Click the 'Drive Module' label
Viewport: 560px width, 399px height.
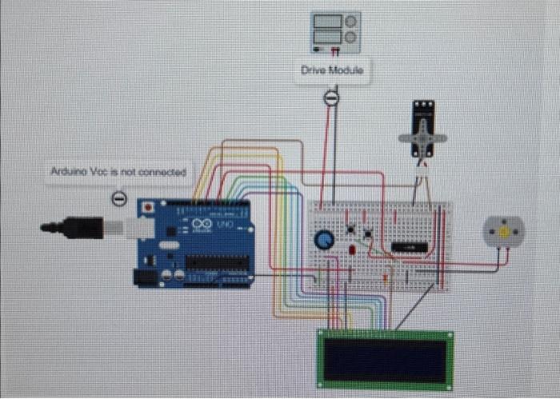coord(332,70)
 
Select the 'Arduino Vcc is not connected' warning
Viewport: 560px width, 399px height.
coord(118,172)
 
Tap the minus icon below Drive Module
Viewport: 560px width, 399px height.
coord(331,98)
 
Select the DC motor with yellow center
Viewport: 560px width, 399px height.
coord(503,231)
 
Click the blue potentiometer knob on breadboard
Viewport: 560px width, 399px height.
coord(324,239)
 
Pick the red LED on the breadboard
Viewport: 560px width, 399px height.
coord(352,250)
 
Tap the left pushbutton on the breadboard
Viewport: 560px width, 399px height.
coord(350,233)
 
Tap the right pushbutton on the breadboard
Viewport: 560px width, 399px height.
coord(368,233)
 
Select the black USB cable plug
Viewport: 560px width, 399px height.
coord(76,228)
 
